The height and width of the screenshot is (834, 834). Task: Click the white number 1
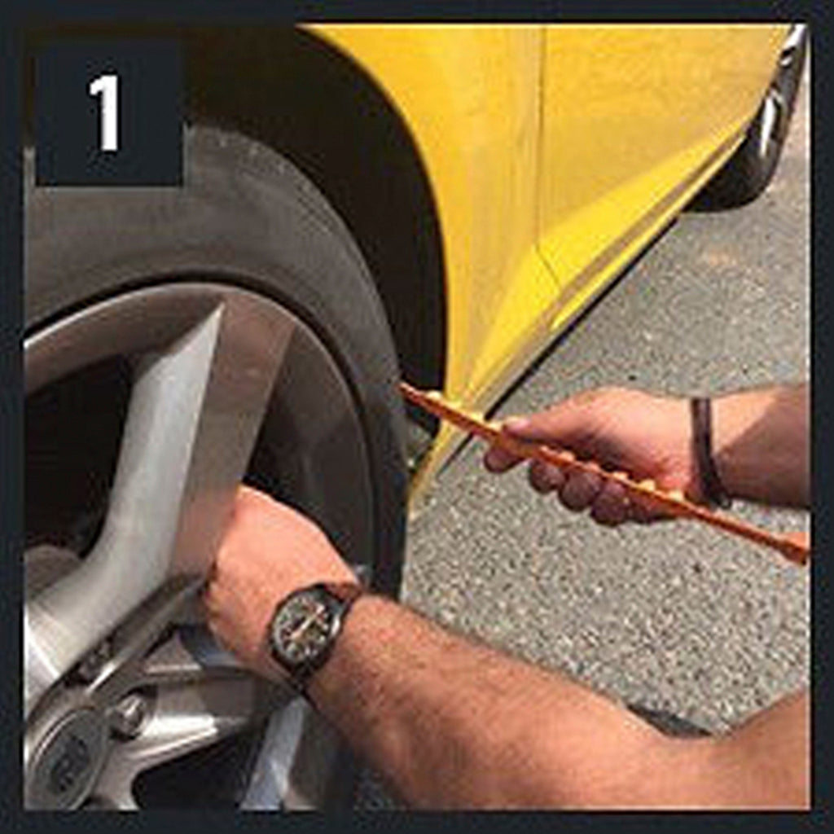pyautogui.click(x=105, y=112)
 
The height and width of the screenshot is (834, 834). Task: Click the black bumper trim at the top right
pyautogui.click(x=766, y=122)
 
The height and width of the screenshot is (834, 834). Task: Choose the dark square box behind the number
pyautogui.click(x=110, y=112)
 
